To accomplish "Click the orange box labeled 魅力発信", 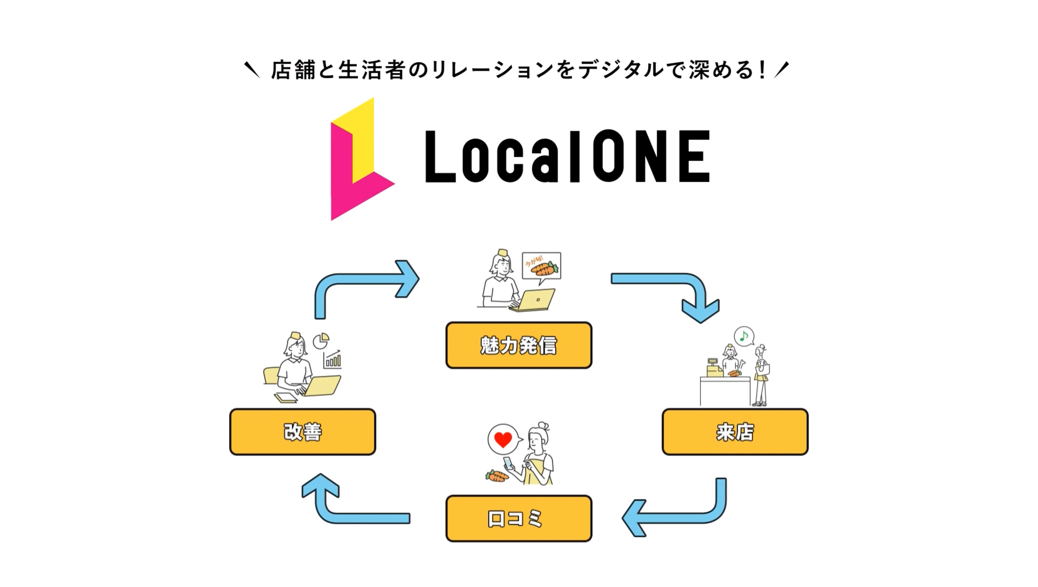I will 519,345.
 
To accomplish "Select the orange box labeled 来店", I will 735,432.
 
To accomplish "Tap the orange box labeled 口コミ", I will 519,518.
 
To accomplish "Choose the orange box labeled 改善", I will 303,432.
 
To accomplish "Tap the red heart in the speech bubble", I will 503,440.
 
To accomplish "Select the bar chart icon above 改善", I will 333,359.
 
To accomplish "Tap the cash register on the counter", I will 714,368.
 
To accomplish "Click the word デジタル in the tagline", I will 621,70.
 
